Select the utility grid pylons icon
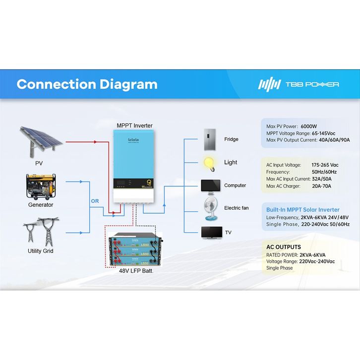point(41,231)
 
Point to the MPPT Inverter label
point(135,125)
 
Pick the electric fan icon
point(209,209)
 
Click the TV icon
point(209,232)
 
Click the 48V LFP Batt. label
point(136,271)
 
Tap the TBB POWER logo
point(299,84)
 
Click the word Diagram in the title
point(128,84)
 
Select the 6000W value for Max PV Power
point(308,126)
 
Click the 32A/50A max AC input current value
point(321,179)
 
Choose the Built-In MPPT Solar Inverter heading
point(303,210)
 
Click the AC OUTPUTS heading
point(284,247)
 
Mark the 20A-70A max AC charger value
point(321,186)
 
